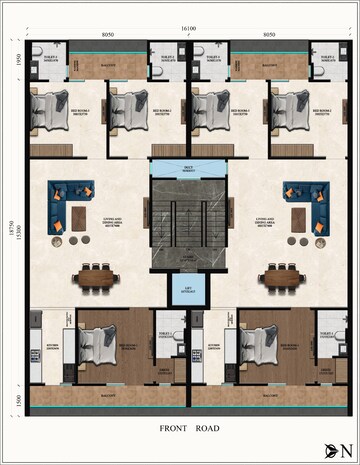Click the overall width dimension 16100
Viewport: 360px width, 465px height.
[x=188, y=28]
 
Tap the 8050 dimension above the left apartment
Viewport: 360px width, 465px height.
[x=108, y=35]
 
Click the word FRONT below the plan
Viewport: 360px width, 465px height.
[x=175, y=428]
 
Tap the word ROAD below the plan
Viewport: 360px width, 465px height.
[x=207, y=428]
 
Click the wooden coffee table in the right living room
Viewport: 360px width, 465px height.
[x=300, y=218]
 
